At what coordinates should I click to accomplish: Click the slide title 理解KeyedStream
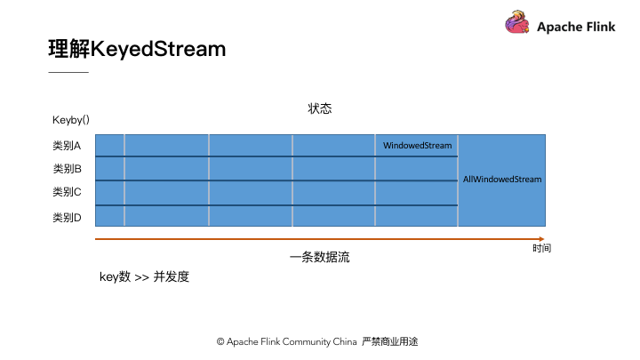click(x=137, y=49)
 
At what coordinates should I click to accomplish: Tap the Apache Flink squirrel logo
click(x=517, y=22)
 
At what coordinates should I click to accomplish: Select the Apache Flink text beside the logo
click(x=576, y=27)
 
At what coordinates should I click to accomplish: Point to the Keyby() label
click(x=71, y=120)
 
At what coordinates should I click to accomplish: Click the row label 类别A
click(x=67, y=146)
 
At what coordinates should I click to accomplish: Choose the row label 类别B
click(x=67, y=169)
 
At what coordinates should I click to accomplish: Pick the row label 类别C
click(x=67, y=192)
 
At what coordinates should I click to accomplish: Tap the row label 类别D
click(x=67, y=218)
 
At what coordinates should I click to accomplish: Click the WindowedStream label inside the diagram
click(x=417, y=145)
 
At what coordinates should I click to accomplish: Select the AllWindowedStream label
click(x=502, y=180)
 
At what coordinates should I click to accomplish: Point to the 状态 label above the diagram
click(x=320, y=108)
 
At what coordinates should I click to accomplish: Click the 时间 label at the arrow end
click(x=541, y=248)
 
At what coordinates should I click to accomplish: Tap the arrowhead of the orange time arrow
click(x=541, y=239)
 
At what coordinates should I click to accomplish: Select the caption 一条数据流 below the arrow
click(x=320, y=257)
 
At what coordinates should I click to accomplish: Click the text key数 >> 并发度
click(x=145, y=276)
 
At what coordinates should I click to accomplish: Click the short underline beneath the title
click(x=68, y=72)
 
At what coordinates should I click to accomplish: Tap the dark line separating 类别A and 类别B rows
click(x=276, y=156)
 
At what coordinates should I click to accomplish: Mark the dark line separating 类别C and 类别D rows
click(x=276, y=205)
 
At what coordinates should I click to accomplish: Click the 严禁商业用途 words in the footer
click(x=390, y=341)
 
